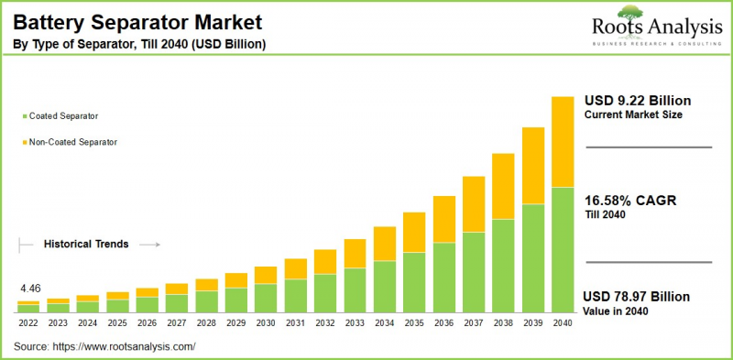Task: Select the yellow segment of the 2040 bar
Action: pos(563,142)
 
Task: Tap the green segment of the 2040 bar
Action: pos(563,249)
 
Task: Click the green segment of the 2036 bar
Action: pos(444,277)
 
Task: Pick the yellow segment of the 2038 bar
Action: pos(503,186)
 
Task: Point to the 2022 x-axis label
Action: pos(28,322)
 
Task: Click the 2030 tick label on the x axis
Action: pos(266,322)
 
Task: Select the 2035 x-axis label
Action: pos(414,322)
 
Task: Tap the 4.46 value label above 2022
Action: pos(30,288)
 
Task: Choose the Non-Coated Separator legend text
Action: pos(73,142)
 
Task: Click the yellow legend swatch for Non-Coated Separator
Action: pos(23,142)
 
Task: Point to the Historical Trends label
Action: pos(86,245)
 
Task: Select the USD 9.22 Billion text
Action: pos(638,100)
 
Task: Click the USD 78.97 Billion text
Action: pos(637,297)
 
